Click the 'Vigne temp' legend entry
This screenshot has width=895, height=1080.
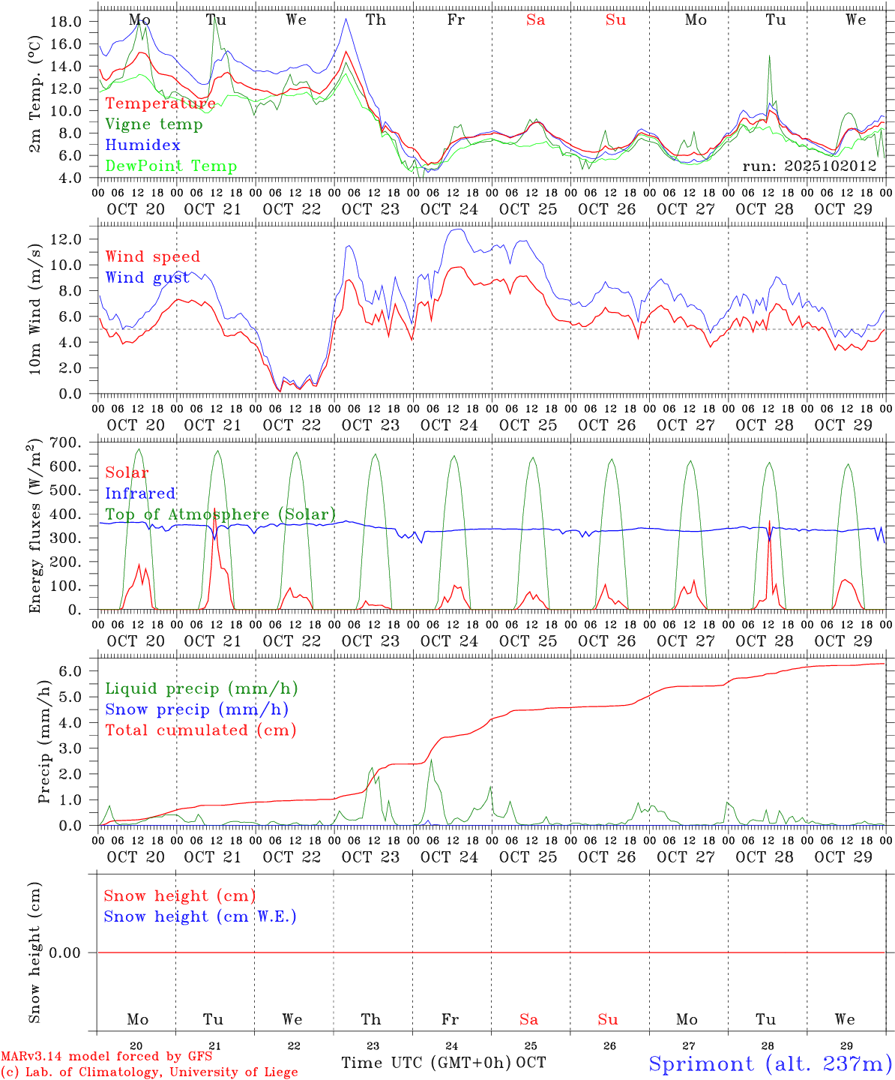pyautogui.click(x=154, y=124)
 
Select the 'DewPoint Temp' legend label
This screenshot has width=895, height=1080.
pyautogui.click(x=171, y=166)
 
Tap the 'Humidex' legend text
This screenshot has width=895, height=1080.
pyautogui.click(x=142, y=145)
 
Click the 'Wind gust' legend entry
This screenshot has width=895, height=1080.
pyautogui.click(x=148, y=278)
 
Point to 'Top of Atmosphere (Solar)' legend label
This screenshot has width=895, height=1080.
pyautogui.click(x=220, y=514)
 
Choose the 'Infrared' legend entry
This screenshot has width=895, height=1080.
pyautogui.click(x=140, y=493)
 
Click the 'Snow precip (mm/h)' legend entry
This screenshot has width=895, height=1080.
pyautogui.click(x=196, y=709)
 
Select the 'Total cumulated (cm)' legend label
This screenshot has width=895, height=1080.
pyautogui.click(x=200, y=730)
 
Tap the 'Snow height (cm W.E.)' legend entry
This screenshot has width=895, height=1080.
pyautogui.click(x=200, y=916)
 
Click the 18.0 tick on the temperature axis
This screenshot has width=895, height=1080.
pyautogui.click(x=65, y=22)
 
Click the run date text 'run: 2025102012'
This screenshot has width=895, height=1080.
pyautogui.click(x=810, y=166)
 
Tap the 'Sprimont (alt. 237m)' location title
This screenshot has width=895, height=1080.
pyautogui.click(x=770, y=1063)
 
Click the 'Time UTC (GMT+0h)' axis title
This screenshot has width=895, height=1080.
pyautogui.click(x=426, y=1063)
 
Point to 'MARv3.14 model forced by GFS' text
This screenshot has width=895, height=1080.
pyautogui.click(x=106, y=1057)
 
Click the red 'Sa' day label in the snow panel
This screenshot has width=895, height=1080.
pyautogui.click(x=528, y=1019)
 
